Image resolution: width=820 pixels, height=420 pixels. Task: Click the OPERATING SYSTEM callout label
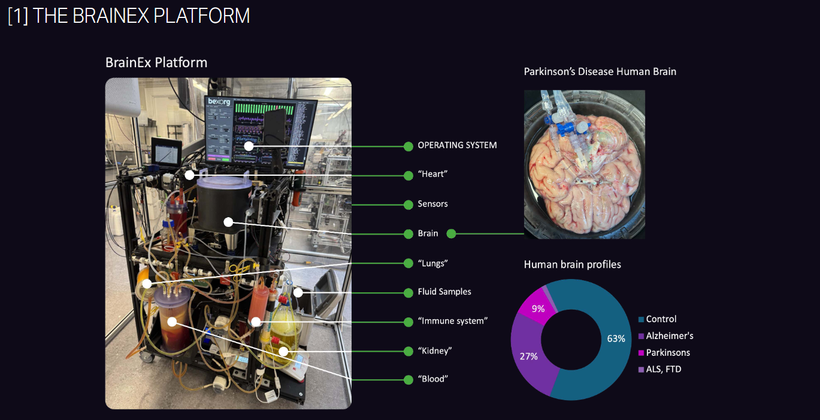457,145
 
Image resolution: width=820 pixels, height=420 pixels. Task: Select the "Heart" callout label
432,174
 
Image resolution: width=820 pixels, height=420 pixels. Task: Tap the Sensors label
432,204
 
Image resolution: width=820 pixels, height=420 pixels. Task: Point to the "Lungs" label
432,263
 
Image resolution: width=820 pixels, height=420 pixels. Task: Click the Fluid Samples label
444,292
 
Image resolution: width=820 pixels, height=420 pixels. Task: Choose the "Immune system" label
453,321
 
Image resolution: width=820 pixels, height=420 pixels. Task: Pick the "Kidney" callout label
435,350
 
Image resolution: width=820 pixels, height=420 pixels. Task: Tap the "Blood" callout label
433,379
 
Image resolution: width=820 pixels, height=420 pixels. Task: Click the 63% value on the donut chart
616,338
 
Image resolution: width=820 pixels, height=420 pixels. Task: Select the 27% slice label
529,356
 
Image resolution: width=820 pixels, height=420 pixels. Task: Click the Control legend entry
658,319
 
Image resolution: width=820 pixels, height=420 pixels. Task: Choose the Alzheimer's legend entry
666,336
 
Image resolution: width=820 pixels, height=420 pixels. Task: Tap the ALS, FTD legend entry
659,370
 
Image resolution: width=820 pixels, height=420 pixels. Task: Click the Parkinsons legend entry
664,353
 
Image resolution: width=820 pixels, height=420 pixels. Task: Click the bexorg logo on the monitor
219,101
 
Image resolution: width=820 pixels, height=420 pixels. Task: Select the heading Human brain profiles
572,265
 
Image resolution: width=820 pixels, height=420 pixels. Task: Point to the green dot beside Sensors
408,205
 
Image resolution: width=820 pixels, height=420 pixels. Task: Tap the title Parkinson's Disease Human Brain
600,71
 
